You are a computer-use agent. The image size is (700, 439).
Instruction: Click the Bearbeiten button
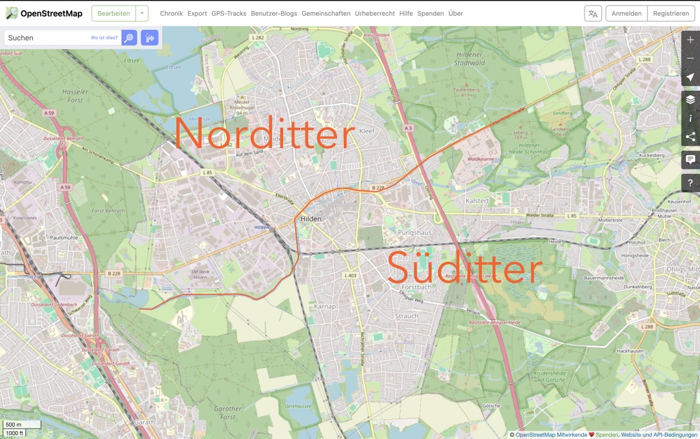pos(113,13)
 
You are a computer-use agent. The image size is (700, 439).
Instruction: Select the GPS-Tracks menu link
pos(229,13)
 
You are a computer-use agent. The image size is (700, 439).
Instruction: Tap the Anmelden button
pos(626,13)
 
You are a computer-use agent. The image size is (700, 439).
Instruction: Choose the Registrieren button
pos(671,13)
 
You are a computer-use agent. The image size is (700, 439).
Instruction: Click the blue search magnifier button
pos(129,38)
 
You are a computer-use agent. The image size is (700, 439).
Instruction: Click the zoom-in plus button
pos(690,40)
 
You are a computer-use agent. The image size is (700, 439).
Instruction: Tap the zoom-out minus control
pos(690,59)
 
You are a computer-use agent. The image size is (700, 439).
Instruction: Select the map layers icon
pos(690,100)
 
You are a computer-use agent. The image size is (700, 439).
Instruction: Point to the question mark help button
pos(690,183)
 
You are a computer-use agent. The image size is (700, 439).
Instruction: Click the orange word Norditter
pos(265,133)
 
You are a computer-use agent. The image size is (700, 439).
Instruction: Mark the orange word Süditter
pos(464,268)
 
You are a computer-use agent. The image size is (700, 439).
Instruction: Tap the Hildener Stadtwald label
pos(470,59)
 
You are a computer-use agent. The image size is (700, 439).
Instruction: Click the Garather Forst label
pos(228,413)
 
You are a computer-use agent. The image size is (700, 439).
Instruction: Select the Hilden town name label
pos(310,219)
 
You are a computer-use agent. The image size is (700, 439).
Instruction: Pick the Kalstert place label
pos(477,201)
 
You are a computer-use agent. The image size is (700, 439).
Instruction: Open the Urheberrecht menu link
pos(375,13)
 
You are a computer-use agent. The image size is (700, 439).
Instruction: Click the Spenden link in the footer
pos(607,434)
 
